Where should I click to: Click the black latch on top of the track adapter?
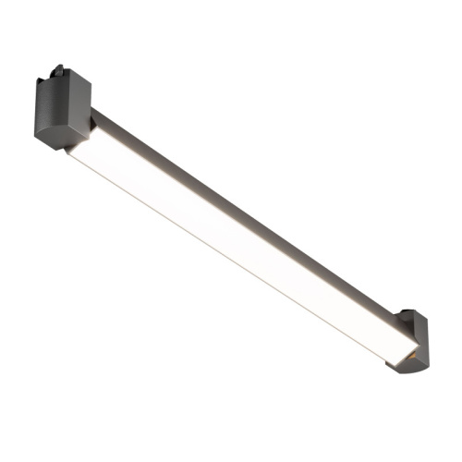tap(59, 69)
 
